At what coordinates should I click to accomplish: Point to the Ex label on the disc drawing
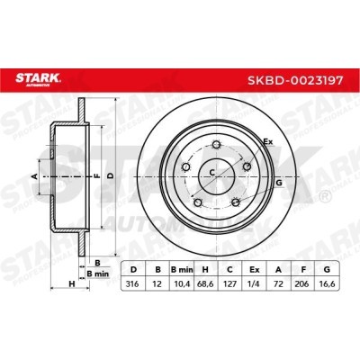(267, 142)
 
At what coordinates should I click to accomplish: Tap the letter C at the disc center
(213, 172)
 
